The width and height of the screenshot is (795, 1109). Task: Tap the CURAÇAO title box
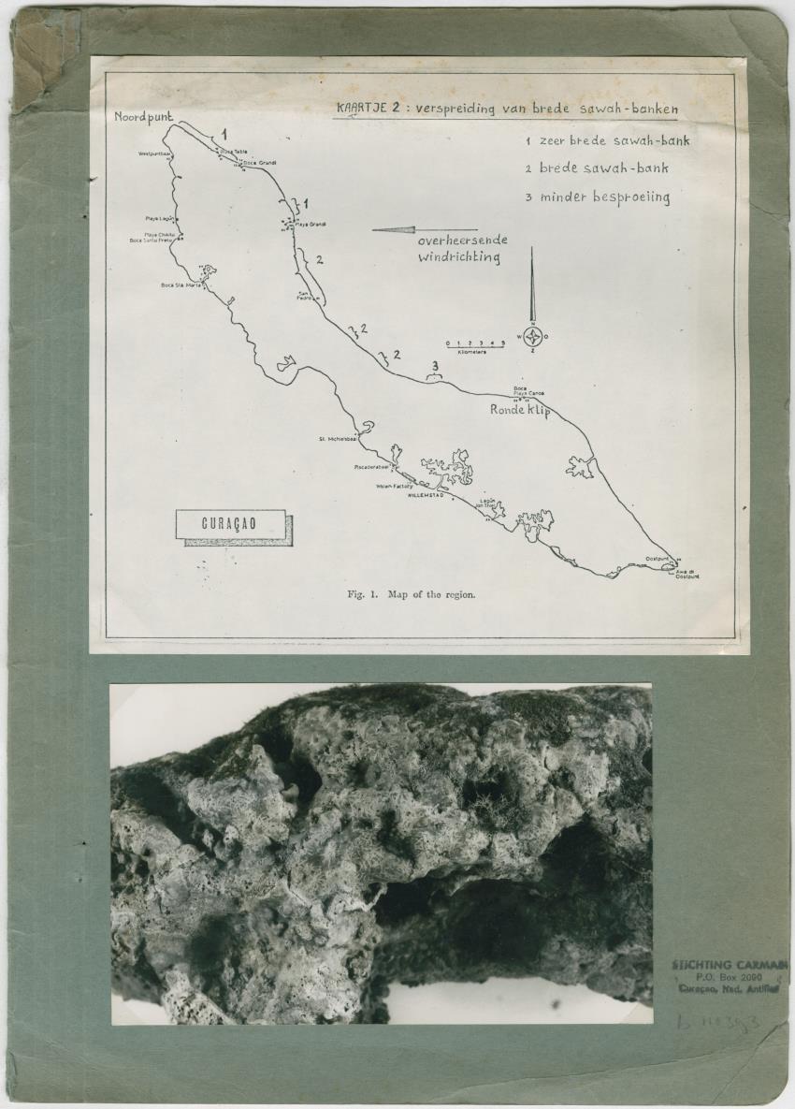230,524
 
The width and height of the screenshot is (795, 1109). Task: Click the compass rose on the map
532,337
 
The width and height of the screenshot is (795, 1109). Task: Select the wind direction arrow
425,229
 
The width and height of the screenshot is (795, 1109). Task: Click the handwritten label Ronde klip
520,410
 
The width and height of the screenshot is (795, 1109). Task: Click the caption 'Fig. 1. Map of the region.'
411,593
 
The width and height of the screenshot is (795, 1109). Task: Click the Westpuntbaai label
153,153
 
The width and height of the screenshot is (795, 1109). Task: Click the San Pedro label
304,297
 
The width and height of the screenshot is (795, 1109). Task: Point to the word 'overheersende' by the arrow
462,241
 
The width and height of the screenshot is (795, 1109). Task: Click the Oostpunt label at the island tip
658,559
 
